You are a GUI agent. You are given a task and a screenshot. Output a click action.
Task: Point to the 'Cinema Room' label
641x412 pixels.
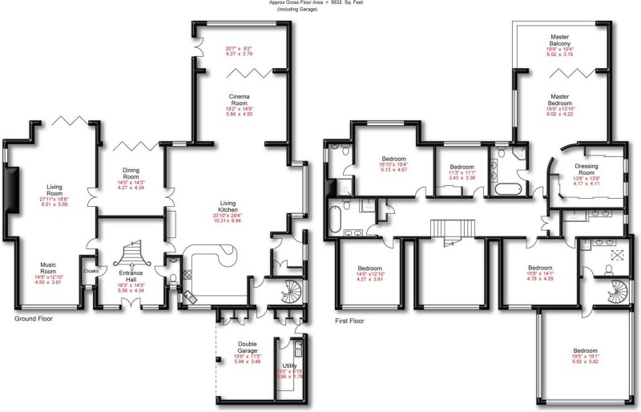[x=239, y=99]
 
